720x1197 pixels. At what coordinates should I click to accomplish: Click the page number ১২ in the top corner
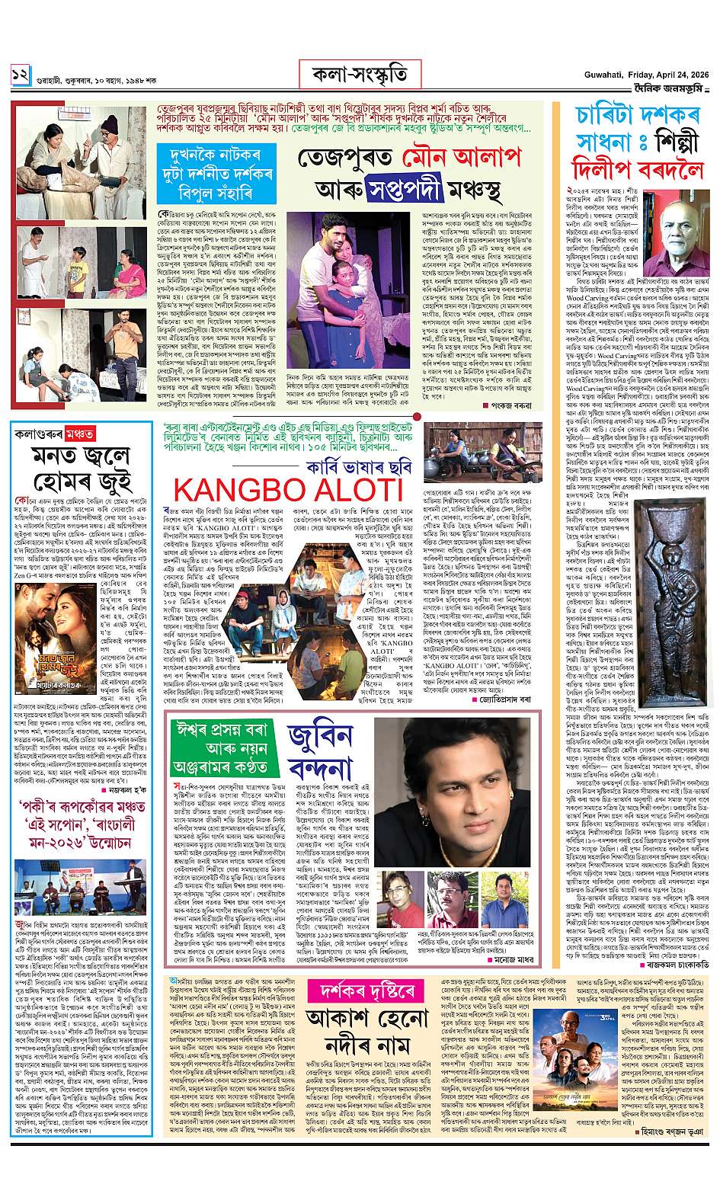pyautogui.click(x=20, y=75)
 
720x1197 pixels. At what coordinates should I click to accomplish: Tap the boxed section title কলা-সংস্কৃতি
pyautogui.click(x=360, y=75)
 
